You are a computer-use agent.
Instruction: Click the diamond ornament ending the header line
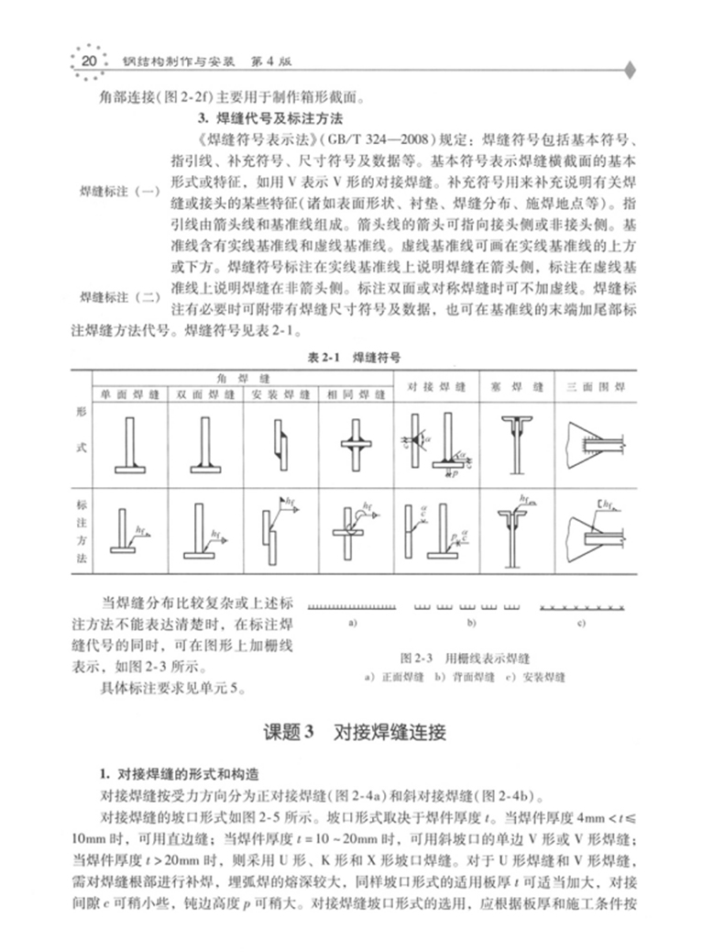tap(630, 69)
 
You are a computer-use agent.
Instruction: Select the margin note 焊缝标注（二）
tap(120, 297)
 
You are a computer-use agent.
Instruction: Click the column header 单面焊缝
tap(130, 394)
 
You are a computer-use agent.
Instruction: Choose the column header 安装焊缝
tap(280, 394)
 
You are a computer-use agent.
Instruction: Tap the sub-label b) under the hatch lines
tap(471, 624)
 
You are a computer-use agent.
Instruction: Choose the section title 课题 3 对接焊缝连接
tap(359, 733)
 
